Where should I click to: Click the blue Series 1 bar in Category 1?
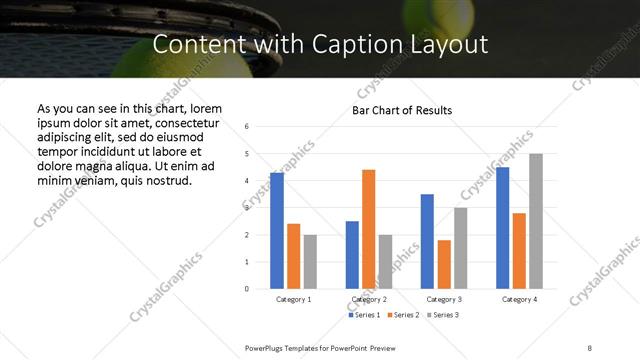tap(277, 231)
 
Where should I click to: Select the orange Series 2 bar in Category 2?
tap(369, 229)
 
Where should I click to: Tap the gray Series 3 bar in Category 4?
tap(537, 221)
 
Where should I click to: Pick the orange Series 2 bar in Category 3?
tap(444, 264)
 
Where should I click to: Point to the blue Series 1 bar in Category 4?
tap(503, 228)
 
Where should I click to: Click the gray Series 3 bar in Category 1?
tap(310, 262)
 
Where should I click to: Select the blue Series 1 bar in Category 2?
tap(352, 255)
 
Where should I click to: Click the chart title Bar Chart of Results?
tap(403, 110)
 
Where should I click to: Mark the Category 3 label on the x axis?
tap(444, 299)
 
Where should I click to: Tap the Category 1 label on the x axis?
tap(294, 299)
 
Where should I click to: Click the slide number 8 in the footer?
tap(590, 348)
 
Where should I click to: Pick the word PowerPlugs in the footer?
tap(265, 348)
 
